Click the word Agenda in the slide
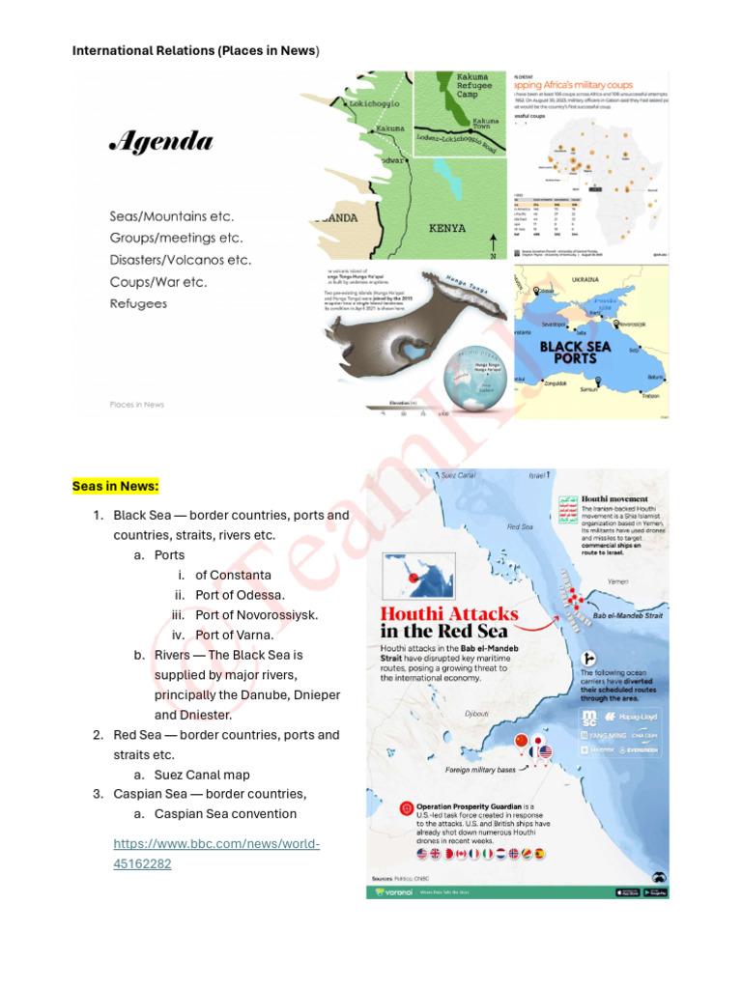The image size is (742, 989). [x=160, y=143]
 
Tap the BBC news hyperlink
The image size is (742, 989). [x=216, y=854]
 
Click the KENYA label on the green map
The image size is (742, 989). [x=446, y=229]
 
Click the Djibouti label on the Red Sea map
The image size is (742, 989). [x=477, y=715]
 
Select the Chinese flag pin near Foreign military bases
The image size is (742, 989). [x=523, y=742]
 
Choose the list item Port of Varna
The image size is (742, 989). [x=235, y=635]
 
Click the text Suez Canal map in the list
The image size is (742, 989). [x=202, y=775]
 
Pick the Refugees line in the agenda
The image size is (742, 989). [x=137, y=303]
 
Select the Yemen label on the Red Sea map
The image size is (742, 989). [x=617, y=581]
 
